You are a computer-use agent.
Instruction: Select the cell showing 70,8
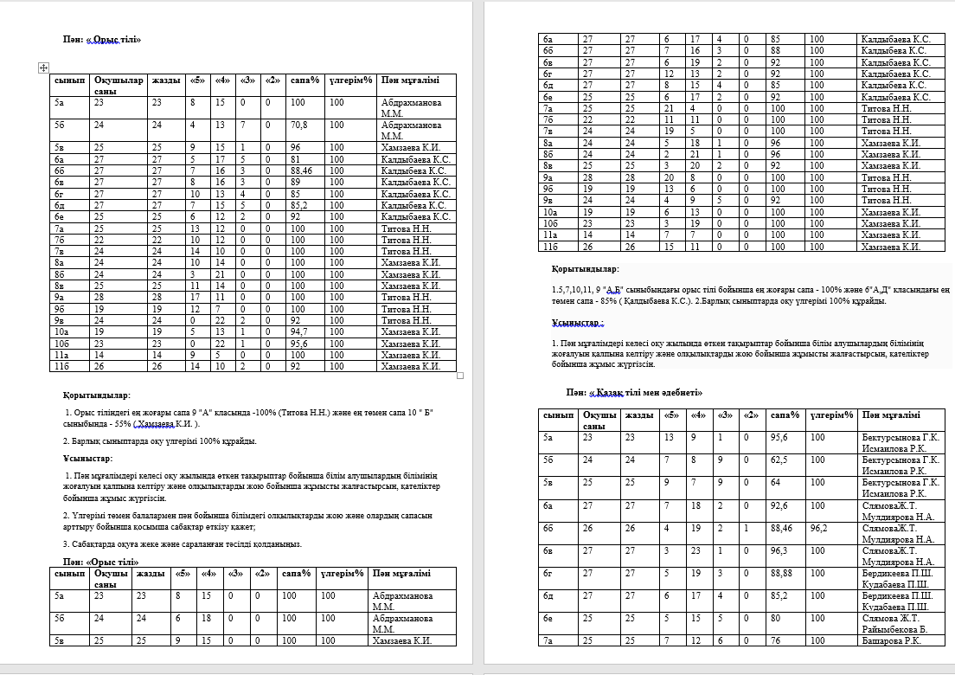coord(300,125)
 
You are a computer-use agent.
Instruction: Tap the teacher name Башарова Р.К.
coord(891,641)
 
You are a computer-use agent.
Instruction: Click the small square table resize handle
coord(460,376)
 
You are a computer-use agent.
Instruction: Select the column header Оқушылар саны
coord(119,86)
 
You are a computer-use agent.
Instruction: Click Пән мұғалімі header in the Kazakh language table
coord(891,416)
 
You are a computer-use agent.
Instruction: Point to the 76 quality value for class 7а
coord(775,641)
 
